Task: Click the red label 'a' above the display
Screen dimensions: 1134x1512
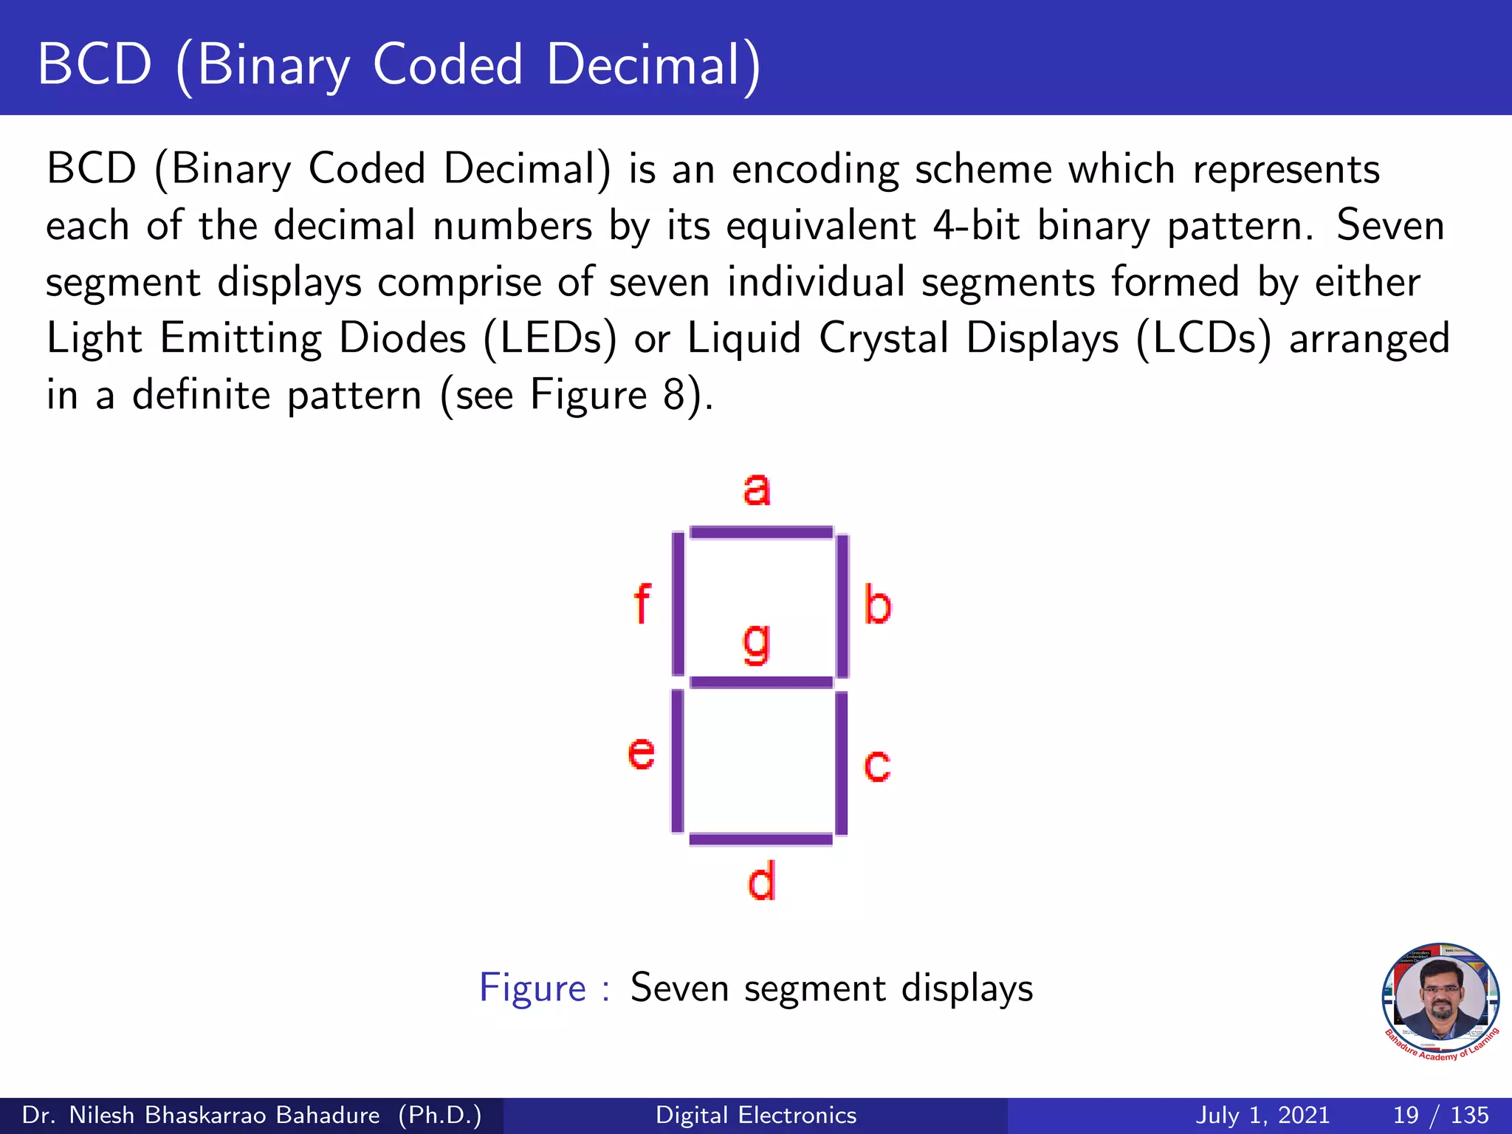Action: (757, 489)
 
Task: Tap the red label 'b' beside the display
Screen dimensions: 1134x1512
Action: (877, 605)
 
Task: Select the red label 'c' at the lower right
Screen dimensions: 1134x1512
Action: (877, 766)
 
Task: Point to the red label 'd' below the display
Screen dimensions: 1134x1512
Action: (761, 882)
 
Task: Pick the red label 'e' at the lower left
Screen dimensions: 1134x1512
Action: (641, 754)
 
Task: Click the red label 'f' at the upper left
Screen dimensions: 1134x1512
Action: (642, 604)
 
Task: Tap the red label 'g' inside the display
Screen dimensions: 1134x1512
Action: (757, 642)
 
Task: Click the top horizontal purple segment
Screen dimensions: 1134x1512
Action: (761, 532)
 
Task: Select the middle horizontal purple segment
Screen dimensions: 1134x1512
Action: (761, 682)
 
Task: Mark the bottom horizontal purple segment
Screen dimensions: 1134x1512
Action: (761, 839)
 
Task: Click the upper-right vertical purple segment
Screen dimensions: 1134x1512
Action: (842, 605)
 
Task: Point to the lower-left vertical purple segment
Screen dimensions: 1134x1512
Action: (677, 760)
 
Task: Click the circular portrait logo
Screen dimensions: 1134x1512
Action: (1440, 1000)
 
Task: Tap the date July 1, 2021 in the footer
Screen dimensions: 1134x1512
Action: (1262, 1115)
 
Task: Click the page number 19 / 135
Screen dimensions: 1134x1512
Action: (1440, 1115)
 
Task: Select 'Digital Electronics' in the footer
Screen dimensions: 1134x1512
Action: (756, 1115)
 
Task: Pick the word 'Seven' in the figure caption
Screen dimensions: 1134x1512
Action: (679, 988)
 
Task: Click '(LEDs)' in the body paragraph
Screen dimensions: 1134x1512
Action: (550, 339)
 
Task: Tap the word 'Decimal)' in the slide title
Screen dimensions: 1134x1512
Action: (653, 65)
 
